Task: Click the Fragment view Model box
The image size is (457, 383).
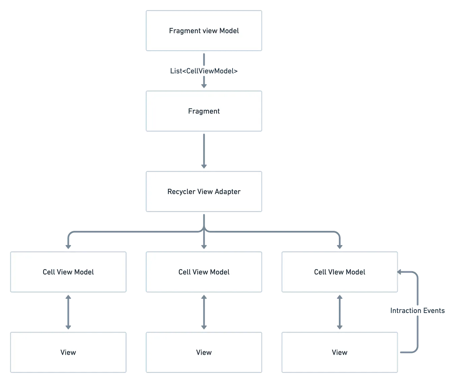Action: pos(204,31)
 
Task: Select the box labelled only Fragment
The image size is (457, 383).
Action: pos(204,111)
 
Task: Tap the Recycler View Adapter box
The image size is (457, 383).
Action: pos(204,191)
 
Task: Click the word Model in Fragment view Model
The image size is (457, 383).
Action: pos(229,31)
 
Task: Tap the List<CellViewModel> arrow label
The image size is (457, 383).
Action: pos(204,71)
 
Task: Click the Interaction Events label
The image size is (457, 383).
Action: pos(417,311)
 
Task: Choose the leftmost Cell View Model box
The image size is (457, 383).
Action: pos(68,272)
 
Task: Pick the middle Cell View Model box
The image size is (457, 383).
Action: pos(204,272)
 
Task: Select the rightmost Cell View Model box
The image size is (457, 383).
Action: pos(340,272)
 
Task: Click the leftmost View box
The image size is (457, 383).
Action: pos(68,352)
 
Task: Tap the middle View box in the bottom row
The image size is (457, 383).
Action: pos(204,352)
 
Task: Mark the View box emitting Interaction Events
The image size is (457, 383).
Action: pos(340,352)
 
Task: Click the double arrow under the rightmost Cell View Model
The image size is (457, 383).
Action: pos(340,312)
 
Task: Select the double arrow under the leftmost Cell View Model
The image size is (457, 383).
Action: pos(68,312)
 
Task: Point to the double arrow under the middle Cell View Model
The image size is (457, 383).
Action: pos(204,312)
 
